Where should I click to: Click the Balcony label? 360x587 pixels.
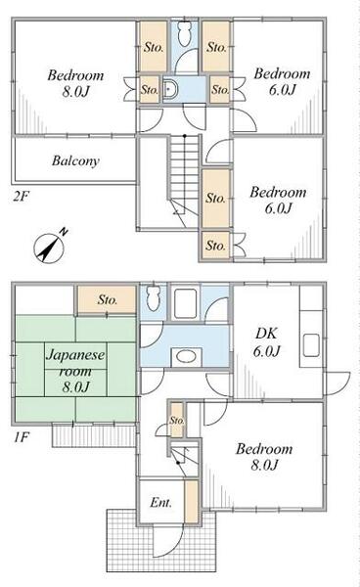(75, 161)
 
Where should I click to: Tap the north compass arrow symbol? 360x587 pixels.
(49, 248)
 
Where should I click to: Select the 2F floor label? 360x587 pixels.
(21, 197)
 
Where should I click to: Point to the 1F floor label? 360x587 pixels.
(22, 437)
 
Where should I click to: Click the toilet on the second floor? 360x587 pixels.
(184, 34)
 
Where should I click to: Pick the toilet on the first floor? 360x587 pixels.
(153, 298)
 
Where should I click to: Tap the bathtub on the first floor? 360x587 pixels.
(186, 303)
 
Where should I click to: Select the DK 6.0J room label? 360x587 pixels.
(266, 341)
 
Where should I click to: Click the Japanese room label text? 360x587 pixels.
(75, 370)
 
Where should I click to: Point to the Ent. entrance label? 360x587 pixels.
(160, 503)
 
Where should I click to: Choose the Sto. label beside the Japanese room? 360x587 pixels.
(108, 299)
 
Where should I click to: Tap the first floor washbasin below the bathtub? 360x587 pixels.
(186, 356)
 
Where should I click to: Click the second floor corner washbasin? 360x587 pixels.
(170, 90)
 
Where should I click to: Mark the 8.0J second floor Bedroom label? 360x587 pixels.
(75, 83)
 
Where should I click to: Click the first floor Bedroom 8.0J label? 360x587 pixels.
(264, 457)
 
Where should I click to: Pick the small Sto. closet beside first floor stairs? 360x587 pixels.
(177, 420)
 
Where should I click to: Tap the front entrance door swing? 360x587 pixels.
(169, 542)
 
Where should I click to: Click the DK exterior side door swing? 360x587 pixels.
(337, 384)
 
